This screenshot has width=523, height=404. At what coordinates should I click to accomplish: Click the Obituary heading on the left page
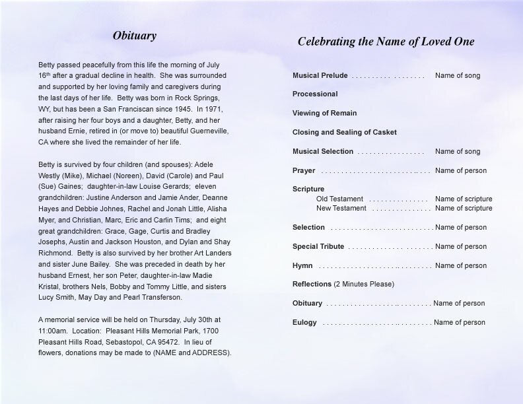pyautogui.click(x=134, y=36)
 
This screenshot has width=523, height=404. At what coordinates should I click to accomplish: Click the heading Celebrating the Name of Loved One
pyautogui.click(x=386, y=42)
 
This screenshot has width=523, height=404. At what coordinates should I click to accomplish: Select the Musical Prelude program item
pyautogui.click(x=320, y=75)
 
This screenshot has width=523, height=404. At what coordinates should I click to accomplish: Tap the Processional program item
pyautogui.click(x=315, y=94)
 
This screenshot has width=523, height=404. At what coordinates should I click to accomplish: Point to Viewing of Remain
pyautogui.click(x=325, y=113)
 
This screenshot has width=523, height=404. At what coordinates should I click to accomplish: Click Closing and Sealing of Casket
pyautogui.click(x=345, y=132)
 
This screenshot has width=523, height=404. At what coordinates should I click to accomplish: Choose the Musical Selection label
pyautogui.click(x=323, y=151)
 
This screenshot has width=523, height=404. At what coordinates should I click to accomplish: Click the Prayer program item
pyautogui.click(x=304, y=170)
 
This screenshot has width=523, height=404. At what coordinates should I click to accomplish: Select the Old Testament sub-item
pyautogui.click(x=339, y=199)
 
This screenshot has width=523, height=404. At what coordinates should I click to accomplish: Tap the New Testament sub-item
pyautogui.click(x=341, y=208)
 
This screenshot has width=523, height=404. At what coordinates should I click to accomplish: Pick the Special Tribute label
pyautogui.click(x=318, y=246)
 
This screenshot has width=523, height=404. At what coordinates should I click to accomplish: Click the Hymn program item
pyautogui.click(x=302, y=265)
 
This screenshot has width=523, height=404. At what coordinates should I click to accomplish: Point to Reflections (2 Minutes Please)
pyautogui.click(x=343, y=284)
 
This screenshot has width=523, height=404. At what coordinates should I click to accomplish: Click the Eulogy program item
pyautogui.click(x=304, y=322)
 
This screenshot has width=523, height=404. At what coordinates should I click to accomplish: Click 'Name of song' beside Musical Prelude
pyautogui.click(x=458, y=75)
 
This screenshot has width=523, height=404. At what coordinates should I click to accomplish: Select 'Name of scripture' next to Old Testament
pyautogui.click(x=464, y=199)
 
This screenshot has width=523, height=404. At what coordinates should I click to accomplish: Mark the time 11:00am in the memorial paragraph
pyautogui.click(x=52, y=331)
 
